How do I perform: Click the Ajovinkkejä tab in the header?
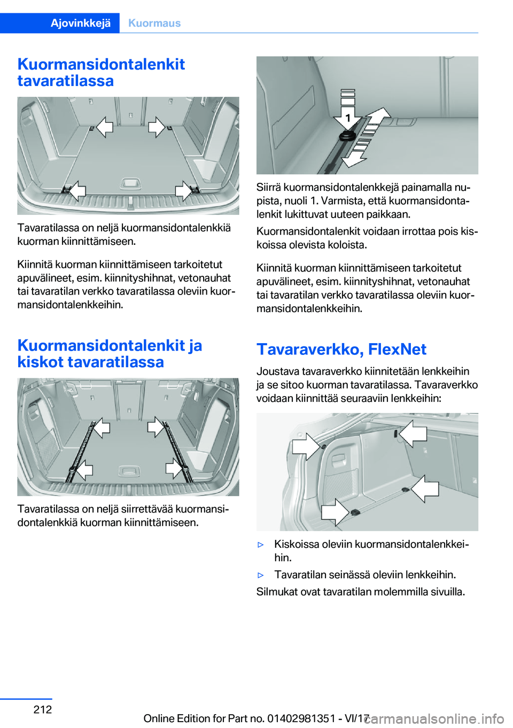81,23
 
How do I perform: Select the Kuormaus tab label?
154,23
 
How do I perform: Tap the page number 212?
43,709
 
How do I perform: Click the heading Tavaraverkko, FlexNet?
341,349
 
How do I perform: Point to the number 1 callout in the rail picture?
347,118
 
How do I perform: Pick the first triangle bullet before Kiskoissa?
261,545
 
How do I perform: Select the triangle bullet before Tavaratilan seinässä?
261,575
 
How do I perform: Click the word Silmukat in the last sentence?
277,592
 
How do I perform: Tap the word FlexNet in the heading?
397,349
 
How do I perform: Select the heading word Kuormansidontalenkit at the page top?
101,64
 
